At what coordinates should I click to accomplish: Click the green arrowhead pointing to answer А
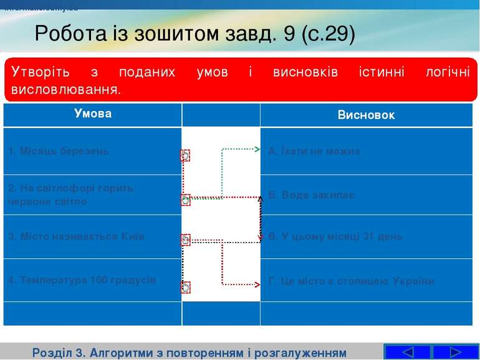[256, 150]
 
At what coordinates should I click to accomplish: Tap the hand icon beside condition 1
[185, 155]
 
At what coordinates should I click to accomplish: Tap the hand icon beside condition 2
[185, 200]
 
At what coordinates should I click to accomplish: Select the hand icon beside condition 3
[185, 239]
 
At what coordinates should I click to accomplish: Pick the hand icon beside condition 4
[185, 287]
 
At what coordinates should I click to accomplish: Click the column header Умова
[92, 114]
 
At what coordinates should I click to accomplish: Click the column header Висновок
[366, 115]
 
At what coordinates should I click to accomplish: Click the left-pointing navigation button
[407, 352]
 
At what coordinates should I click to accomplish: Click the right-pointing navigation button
[455, 352]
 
